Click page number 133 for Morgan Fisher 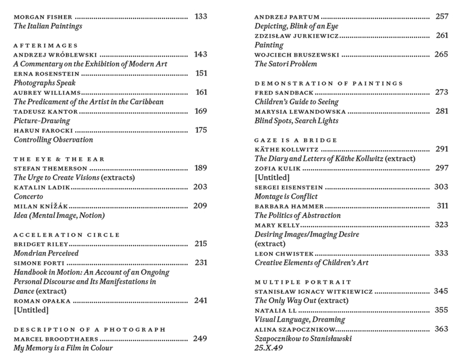coord(201,16)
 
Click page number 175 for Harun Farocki coord(201,130)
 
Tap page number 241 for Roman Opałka coord(201,300)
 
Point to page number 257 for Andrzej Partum coord(442,16)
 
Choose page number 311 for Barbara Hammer coord(442,206)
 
